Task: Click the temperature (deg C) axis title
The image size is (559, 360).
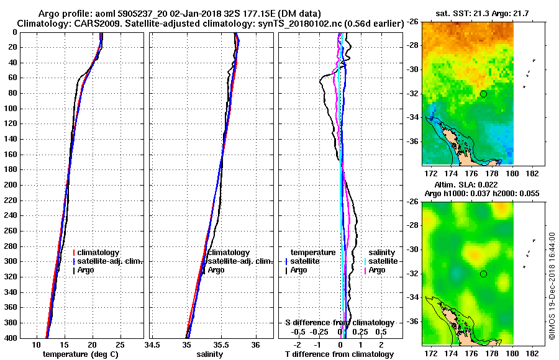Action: click(x=80, y=354)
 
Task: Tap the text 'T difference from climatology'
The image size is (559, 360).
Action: click(x=340, y=354)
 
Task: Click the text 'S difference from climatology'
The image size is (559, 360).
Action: click(x=340, y=323)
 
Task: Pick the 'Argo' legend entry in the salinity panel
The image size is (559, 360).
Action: click(x=216, y=270)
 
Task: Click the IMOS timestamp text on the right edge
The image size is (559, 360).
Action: click(x=552, y=287)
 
